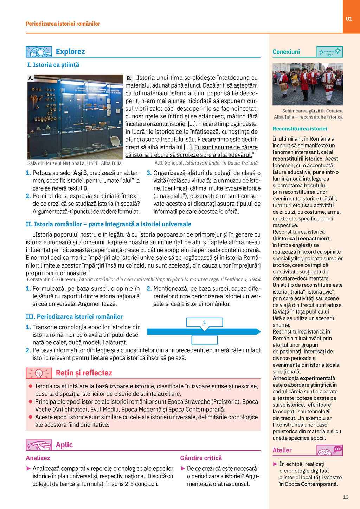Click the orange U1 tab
point(349,19)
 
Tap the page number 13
point(346,497)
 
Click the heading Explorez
point(70,52)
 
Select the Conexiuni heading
point(286,52)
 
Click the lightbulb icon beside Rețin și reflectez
point(39,373)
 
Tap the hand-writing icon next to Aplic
point(39,445)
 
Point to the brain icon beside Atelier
point(329,450)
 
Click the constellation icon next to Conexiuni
point(329,52)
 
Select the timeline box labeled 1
point(204,322)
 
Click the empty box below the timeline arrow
point(204,340)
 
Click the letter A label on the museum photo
point(31,78)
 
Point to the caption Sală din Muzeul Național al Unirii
point(75,163)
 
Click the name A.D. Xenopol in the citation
point(169,163)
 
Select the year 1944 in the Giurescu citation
point(255,279)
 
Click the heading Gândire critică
point(201,458)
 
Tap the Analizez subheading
point(38,458)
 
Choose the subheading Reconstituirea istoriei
point(300,129)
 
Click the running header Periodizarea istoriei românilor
point(63,24)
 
